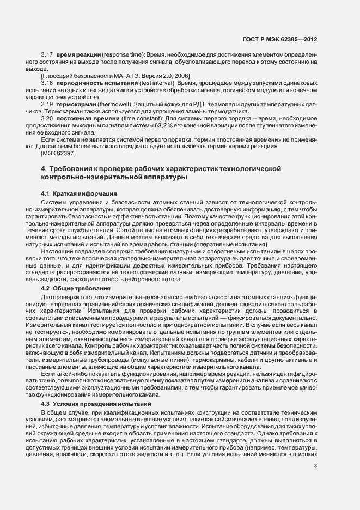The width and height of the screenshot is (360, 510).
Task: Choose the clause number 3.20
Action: pos(47,118)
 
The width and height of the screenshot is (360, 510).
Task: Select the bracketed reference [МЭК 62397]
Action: pos(59,154)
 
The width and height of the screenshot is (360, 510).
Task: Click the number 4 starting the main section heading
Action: pos(43,170)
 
